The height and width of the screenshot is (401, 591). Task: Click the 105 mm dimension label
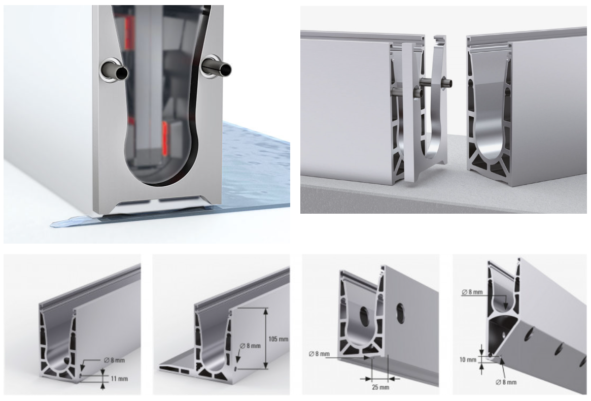point(278,339)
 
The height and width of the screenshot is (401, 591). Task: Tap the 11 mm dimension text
point(119,379)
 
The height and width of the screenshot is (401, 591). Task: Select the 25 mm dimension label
point(380,387)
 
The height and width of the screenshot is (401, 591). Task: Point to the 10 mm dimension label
point(468,359)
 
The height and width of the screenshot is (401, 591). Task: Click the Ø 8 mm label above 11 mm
point(114,360)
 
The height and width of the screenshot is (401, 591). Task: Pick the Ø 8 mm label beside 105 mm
point(250,346)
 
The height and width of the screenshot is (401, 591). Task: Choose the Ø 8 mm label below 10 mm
point(506,382)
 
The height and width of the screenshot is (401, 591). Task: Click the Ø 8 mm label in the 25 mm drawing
point(319,354)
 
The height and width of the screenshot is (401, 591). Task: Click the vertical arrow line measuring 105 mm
point(266,339)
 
